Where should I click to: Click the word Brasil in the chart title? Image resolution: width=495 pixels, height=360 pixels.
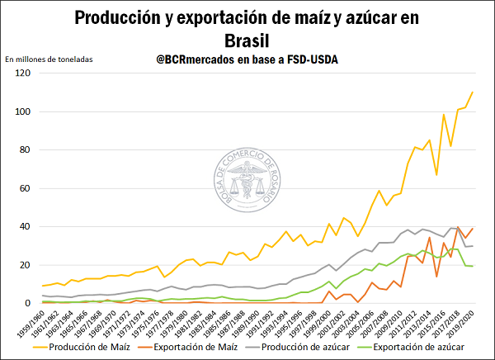point(247,40)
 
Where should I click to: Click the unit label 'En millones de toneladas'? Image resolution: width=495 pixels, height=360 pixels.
point(49,59)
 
